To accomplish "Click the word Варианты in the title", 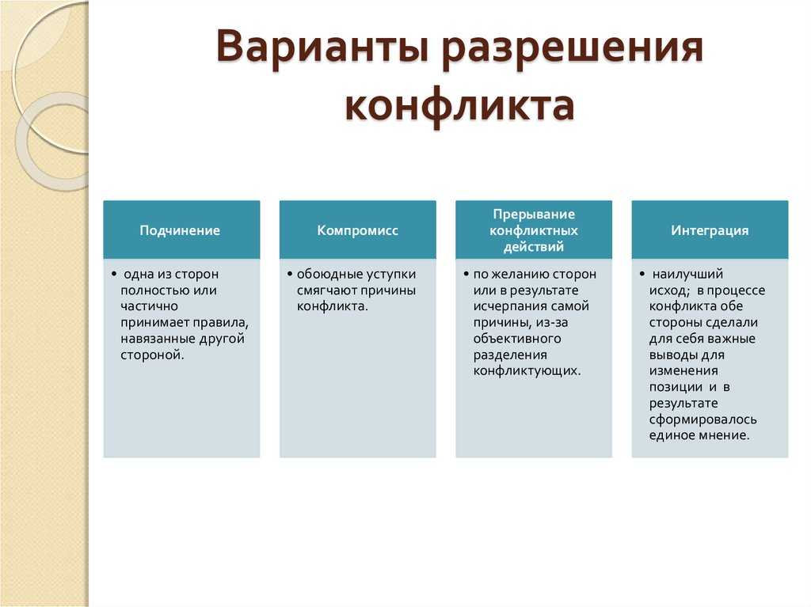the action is (322, 47).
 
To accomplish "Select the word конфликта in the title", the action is (459, 106).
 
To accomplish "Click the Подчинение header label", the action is (180, 230).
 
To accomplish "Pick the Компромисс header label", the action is (357, 230).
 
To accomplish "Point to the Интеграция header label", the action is (710, 230).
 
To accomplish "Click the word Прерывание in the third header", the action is (534, 214).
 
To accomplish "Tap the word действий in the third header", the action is (534, 247).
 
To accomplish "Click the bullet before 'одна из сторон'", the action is (114, 274).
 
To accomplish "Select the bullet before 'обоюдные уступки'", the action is (290, 274).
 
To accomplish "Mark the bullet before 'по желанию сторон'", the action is (466, 274).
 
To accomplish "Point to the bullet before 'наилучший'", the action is (642, 274).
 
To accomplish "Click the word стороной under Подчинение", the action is (153, 355).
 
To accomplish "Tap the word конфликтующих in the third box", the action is (527, 371).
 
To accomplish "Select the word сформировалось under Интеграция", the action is (703, 419).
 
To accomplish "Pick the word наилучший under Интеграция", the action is (688, 274).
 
